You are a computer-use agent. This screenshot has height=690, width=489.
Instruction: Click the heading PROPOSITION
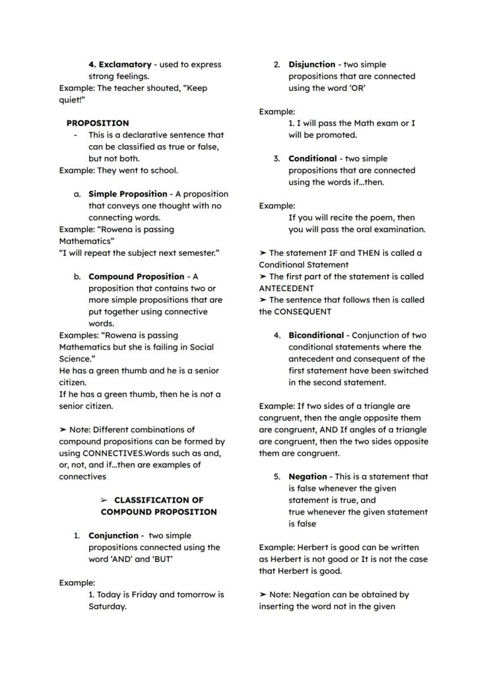(97, 123)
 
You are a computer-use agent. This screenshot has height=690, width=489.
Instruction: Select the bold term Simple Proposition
(128, 194)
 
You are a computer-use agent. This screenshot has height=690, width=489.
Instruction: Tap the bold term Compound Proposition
(136, 277)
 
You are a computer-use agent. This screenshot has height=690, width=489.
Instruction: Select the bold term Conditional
(312, 159)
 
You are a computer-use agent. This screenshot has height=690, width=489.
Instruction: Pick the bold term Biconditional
(316, 335)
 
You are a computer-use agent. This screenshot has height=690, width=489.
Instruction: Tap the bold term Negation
(307, 477)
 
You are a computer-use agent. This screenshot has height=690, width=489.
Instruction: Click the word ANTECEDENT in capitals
(286, 289)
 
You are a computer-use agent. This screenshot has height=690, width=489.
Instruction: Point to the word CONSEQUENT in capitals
(302, 312)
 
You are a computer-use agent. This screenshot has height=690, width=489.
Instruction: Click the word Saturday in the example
(107, 607)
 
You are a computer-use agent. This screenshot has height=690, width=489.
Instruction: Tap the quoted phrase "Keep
(195, 88)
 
